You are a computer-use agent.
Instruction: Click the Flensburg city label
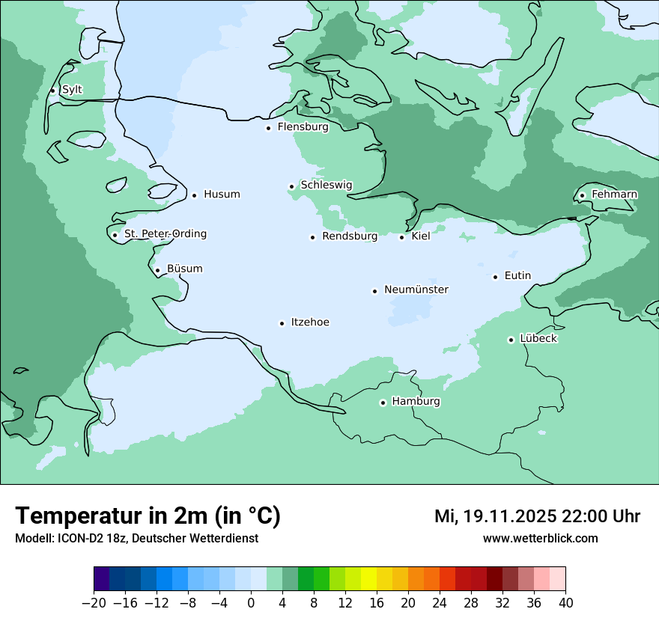pos(303,127)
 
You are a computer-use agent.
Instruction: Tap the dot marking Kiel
pos(401,237)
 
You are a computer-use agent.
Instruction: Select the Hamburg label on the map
pos(416,402)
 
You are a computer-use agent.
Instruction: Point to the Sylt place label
pos(72,90)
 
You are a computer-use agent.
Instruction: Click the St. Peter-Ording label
pos(165,234)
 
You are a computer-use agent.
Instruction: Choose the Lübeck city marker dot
pos(511,340)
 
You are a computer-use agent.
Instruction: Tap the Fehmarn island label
pos(614,195)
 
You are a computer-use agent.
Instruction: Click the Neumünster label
pos(416,290)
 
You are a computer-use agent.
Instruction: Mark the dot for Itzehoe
pos(282,323)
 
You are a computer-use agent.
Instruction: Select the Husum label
pos(222,195)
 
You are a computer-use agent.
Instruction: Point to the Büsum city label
pos(184,269)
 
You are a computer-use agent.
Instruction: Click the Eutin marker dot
pos(495,277)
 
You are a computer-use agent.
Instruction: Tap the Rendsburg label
pos(349,236)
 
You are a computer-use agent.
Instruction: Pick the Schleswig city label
pos(326,186)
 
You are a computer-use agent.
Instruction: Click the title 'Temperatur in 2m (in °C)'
pos(148,516)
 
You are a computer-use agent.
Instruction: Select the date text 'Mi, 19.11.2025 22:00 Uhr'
pos(537,516)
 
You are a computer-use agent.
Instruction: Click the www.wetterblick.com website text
pos(540,539)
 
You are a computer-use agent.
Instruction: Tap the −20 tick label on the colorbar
pos(94,603)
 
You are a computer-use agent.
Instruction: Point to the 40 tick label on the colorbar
pos(565,603)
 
